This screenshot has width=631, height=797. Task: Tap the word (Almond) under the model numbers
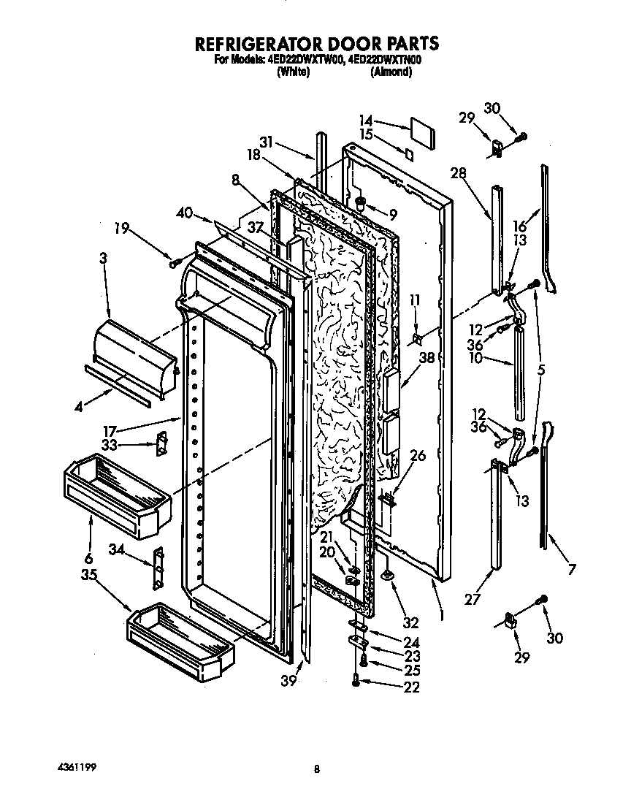click(x=391, y=72)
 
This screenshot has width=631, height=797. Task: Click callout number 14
click(x=366, y=121)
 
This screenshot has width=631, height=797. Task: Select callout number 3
click(x=103, y=258)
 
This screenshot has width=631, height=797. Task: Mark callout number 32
click(x=411, y=623)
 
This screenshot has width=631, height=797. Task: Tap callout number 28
click(x=458, y=173)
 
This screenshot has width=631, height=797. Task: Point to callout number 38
click(x=427, y=358)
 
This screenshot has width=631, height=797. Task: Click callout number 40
click(x=184, y=213)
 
